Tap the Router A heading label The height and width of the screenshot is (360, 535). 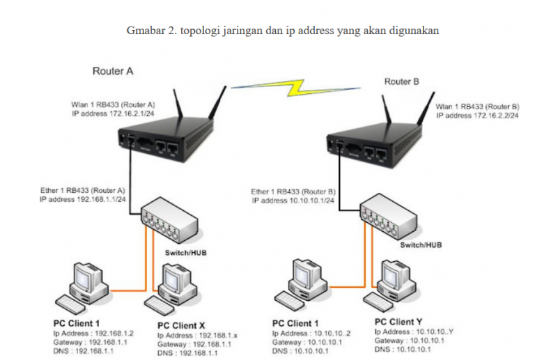click(x=112, y=72)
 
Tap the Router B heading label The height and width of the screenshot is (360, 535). click(x=402, y=81)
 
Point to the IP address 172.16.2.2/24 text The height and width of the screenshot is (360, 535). click(x=477, y=116)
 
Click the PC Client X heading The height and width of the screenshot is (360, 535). click(x=181, y=325)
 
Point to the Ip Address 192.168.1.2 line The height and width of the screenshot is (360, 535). click(x=86, y=334)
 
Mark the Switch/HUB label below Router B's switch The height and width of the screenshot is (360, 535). click(x=420, y=245)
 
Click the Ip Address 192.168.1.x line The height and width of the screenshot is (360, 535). click(x=197, y=336)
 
